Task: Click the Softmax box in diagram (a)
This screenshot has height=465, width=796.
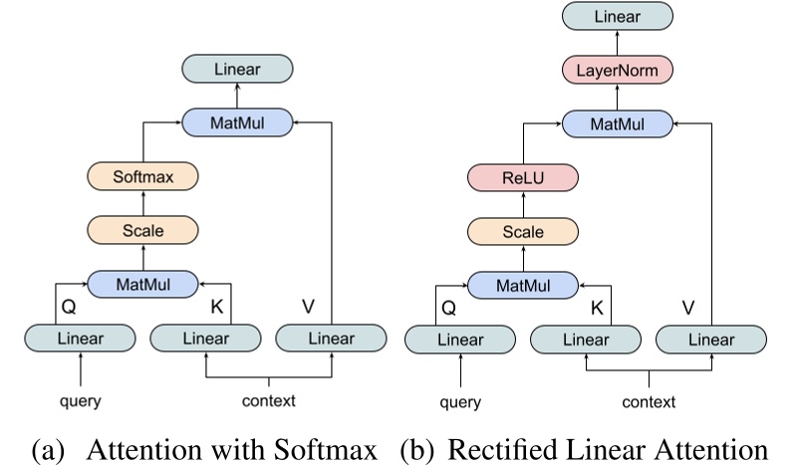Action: [142, 177]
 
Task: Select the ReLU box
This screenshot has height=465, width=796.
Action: [523, 178]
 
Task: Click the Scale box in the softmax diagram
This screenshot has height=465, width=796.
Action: [142, 230]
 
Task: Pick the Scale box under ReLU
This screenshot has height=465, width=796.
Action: [523, 232]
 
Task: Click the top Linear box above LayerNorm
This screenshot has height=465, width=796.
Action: [615, 16]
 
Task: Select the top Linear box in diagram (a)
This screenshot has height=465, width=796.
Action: [236, 68]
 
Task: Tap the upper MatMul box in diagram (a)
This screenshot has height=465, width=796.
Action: [236, 121]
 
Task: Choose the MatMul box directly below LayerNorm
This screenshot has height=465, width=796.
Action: [615, 123]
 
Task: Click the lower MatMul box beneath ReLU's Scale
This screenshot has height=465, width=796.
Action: [523, 286]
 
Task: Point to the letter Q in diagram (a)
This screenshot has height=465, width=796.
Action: [69, 309]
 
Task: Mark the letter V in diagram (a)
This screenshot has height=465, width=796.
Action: [310, 301]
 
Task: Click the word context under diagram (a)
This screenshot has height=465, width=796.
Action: [269, 401]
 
